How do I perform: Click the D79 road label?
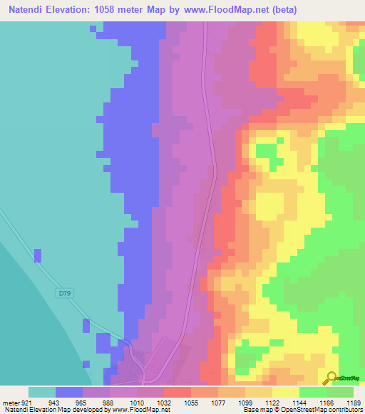66,293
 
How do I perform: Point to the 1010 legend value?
137,402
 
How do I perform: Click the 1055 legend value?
191,402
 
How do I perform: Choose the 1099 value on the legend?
245,402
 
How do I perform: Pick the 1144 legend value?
300,402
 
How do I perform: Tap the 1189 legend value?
354,402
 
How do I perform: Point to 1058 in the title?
106,9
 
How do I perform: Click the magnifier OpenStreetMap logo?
331,378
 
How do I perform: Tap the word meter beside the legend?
9,402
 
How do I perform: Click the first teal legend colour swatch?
41,392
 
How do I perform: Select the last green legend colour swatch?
340,392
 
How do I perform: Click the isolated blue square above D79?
38,255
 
